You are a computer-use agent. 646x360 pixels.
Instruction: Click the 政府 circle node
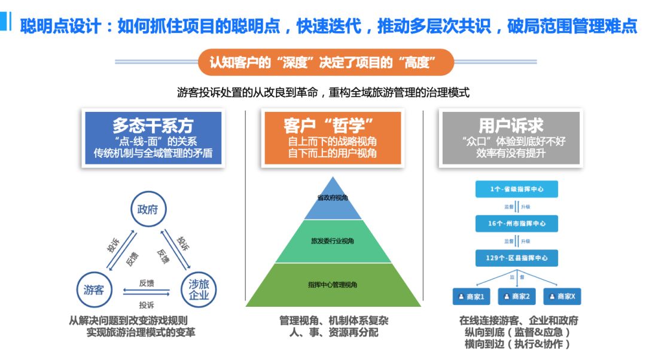[x=148, y=209]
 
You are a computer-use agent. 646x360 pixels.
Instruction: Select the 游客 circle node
[x=94, y=290]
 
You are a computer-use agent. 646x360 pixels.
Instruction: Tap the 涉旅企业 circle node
[x=199, y=290]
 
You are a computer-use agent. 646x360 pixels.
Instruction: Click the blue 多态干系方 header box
[x=153, y=138]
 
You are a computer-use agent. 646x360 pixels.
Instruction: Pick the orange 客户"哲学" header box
[x=332, y=138]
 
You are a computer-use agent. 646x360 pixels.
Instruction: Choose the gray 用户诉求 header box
[x=511, y=138]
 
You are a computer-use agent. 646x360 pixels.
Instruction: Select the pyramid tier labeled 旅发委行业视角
[x=333, y=241]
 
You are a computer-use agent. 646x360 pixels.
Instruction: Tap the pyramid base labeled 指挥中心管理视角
[x=333, y=285]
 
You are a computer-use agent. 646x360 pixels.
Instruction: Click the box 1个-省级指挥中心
[x=516, y=189]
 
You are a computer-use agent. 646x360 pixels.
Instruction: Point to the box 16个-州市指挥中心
[x=516, y=224]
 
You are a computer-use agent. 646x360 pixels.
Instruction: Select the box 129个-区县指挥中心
[x=516, y=258]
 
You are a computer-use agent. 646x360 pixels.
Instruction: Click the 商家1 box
[x=471, y=296]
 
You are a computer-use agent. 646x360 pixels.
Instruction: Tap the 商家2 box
[x=516, y=296]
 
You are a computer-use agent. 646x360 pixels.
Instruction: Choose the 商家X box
[x=562, y=296]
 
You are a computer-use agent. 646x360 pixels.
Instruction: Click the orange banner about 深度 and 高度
[x=326, y=62]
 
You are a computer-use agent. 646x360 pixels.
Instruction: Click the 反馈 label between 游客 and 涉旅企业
[x=147, y=282]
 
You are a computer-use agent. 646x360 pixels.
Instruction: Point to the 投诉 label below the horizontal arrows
[x=147, y=304]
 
